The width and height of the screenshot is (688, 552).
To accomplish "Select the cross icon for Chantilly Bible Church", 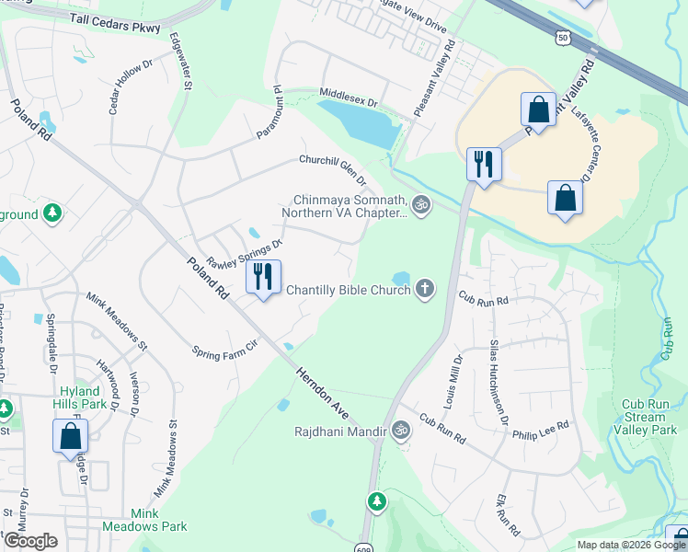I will (x=424, y=290).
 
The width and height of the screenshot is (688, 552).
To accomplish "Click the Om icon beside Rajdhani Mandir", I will (x=400, y=429).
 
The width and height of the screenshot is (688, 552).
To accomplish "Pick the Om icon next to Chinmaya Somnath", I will (x=421, y=205).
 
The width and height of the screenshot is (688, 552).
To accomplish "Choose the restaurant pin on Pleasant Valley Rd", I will (x=483, y=165).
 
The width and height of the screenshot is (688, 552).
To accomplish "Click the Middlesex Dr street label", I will (x=349, y=95).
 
